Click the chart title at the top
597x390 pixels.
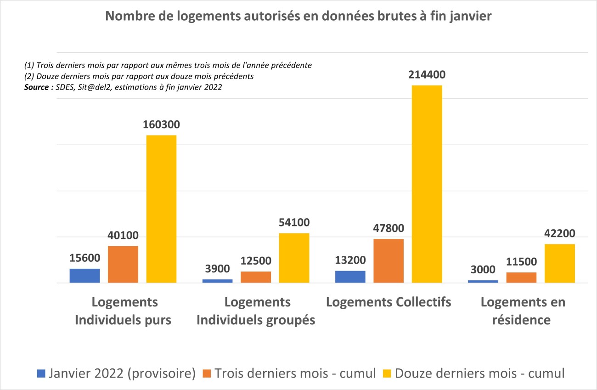point(298,17)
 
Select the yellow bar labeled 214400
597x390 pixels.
point(427,184)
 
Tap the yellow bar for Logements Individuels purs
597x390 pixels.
point(161,209)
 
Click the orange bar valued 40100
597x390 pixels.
point(123,265)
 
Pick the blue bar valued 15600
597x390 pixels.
point(84,276)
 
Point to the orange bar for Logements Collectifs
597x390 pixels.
point(389,261)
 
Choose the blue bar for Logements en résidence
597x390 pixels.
point(483,281)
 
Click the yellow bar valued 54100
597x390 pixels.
point(294,258)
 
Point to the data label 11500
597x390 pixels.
point(521,262)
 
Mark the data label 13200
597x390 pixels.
point(350,260)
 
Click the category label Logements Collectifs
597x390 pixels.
point(389,302)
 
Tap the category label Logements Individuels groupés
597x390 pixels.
point(256,311)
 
